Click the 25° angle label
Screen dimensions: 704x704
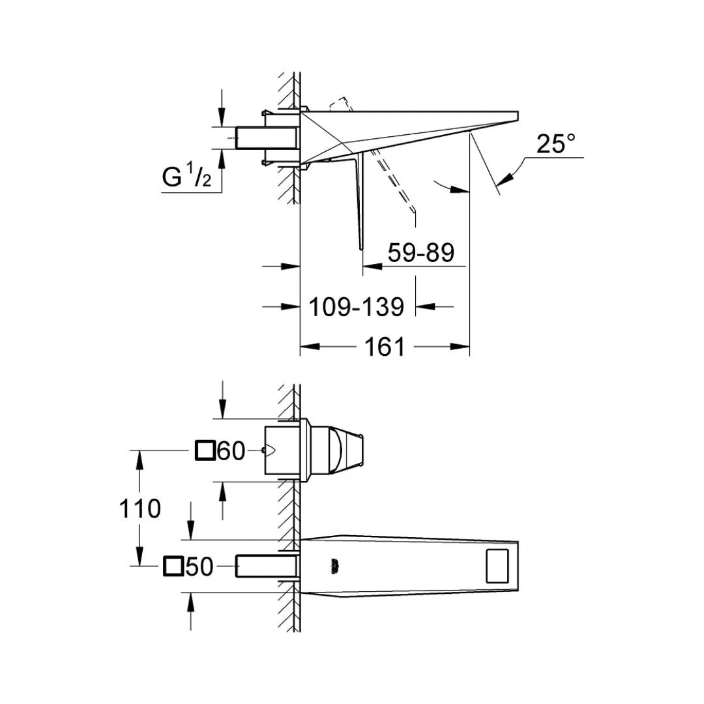point(555,143)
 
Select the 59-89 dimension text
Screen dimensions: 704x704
point(420,252)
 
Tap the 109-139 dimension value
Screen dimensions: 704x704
point(356,307)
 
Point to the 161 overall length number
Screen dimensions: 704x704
point(385,347)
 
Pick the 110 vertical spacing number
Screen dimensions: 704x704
point(139,508)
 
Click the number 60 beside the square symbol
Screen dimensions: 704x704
point(231,451)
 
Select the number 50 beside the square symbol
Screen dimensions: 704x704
point(199,566)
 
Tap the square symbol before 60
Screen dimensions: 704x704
point(205,450)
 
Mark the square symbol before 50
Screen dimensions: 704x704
point(173,566)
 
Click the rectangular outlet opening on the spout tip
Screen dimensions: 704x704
point(497,566)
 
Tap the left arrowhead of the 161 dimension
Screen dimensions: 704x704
point(310,347)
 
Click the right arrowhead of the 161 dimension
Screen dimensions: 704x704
point(460,347)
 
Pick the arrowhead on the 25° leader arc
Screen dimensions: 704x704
point(504,178)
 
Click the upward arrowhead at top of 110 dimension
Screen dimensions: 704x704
point(139,460)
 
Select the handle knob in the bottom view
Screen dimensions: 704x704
point(347,450)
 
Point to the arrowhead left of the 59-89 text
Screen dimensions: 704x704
point(373,266)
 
